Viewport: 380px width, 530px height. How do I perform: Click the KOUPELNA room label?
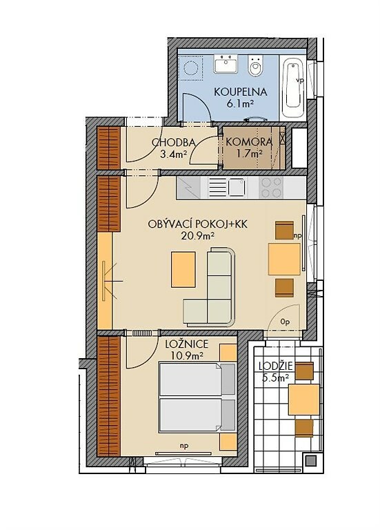(240, 92)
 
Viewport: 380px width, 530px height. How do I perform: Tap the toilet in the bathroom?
(254, 66)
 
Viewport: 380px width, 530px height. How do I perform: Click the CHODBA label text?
(173, 142)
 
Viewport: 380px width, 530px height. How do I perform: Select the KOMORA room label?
(249, 142)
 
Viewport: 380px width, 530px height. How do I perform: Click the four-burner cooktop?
(272, 188)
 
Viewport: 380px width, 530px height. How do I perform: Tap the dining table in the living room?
(284, 259)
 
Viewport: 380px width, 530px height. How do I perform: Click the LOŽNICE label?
(187, 345)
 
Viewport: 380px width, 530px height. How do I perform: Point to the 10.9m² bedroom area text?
(186, 355)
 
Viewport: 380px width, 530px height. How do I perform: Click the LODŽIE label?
(276, 366)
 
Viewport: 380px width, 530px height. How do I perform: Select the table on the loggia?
(303, 399)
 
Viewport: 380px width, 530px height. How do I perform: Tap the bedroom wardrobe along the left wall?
(109, 395)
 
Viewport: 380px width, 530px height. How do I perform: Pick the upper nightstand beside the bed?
(228, 353)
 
